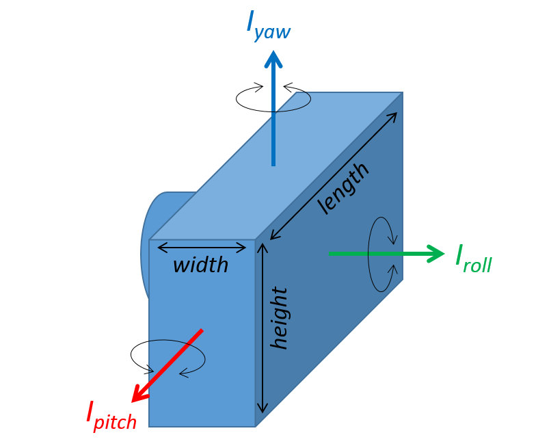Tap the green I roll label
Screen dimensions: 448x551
pos(473,258)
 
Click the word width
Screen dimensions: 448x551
pos(200,265)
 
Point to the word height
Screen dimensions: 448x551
pos(280,319)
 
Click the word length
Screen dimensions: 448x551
pos(345,188)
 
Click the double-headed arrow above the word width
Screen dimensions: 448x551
pos(202,246)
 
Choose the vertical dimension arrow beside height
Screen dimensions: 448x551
pos(261,328)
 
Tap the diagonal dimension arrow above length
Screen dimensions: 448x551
pos(333,176)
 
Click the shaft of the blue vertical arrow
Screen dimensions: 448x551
pos(273,130)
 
